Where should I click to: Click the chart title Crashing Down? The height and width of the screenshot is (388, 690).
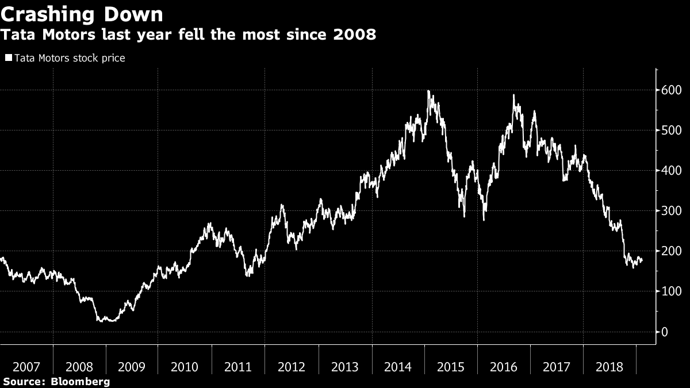(82, 14)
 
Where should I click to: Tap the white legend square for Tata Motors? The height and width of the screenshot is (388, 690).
(9, 58)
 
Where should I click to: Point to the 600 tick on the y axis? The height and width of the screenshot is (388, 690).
(672, 90)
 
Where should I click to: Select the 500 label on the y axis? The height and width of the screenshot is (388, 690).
(672, 130)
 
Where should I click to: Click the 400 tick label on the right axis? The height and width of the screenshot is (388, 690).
(672, 171)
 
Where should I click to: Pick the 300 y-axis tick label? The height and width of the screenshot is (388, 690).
(672, 211)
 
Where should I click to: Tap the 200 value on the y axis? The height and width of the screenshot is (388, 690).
(672, 251)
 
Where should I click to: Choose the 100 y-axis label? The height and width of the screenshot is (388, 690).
(672, 291)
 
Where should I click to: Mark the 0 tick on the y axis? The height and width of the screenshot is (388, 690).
(664, 332)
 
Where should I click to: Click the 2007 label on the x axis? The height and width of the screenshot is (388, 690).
(26, 367)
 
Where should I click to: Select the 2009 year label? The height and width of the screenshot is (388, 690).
(132, 367)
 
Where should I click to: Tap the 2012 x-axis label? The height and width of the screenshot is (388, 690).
(292, 367)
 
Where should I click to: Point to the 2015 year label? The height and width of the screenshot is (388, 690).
(451, 367)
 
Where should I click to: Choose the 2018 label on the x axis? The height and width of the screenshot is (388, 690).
(609, 367)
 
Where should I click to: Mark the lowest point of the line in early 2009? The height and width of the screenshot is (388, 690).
(109, 321)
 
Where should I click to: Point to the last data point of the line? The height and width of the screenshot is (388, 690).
(642, 260)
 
